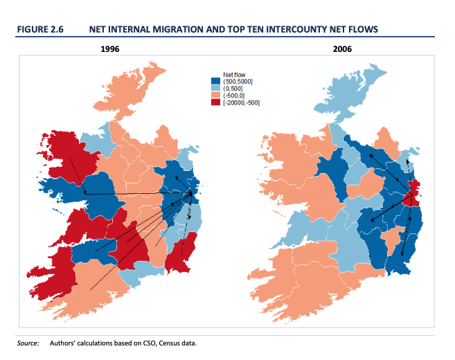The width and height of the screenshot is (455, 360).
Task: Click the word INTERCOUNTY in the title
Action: coord(262,28)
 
